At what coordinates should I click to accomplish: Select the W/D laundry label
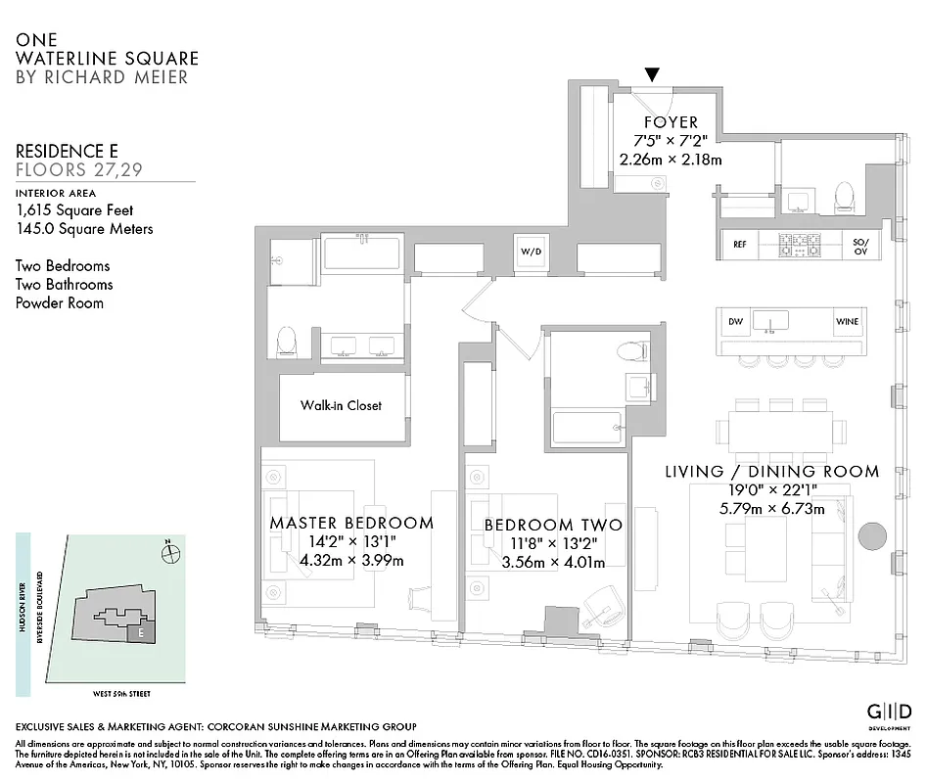(x=530, y=252)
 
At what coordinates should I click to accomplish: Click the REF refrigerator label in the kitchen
(x=740, y=245)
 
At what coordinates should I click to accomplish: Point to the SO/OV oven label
(x=860, y=245)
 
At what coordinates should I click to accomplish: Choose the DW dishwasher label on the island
(x=736, y=321)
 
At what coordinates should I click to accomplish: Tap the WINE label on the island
(x=847, y=321)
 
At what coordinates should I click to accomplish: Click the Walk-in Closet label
(x=341, y=405)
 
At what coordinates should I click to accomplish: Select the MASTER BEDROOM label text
(x=350, y=523)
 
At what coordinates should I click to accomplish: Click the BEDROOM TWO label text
(x=553, y=526)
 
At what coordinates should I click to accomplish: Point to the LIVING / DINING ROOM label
(x=771, y=472)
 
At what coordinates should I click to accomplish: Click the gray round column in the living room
(x=871, y=535)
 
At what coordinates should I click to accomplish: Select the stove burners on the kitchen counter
(x=799, y=245)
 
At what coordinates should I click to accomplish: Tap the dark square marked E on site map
(x=142, y=633)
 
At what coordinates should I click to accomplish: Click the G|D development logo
(x=890, y=712)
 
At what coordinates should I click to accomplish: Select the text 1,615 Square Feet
(x=74, y=210)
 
